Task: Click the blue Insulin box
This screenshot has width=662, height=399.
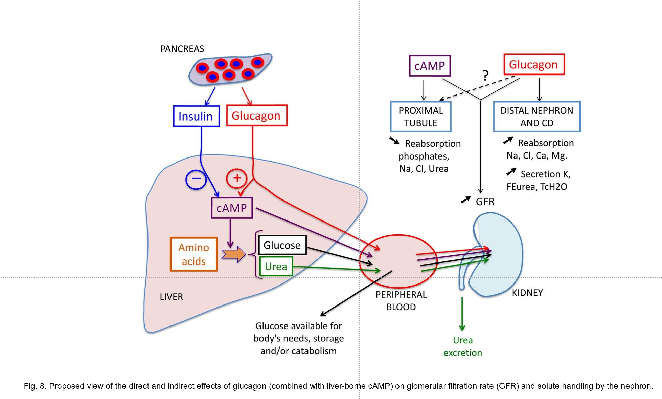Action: pos(196,116)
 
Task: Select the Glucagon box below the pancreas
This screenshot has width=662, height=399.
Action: pos(256,115)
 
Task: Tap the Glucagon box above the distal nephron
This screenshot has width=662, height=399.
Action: pos(534,64)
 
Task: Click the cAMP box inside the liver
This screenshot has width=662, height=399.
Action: pos(232,208)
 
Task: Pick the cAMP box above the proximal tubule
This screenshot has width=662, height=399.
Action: pos(430,66)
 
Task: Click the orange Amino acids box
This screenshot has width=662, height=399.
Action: pos(193,254)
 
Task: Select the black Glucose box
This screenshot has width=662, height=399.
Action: pos(282,245)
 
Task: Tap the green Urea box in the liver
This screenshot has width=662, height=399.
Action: pos(276,266)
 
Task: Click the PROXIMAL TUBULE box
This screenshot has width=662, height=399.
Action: pos(420,117)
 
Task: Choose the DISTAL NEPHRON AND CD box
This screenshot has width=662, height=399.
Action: pos(537,117)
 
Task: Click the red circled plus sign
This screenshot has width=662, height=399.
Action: pos(237,178)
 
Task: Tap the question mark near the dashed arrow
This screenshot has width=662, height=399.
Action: pos(485,75)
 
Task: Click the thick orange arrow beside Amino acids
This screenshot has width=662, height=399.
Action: pos(233,254)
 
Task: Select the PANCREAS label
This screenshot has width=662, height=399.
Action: pos(182,49)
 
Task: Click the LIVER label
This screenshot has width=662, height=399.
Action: pos(171,297)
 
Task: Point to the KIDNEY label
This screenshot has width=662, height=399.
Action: pos(527,293)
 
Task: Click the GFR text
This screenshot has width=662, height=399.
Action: pos(485,202)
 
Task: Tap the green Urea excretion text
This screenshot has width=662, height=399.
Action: pos(462,346)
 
